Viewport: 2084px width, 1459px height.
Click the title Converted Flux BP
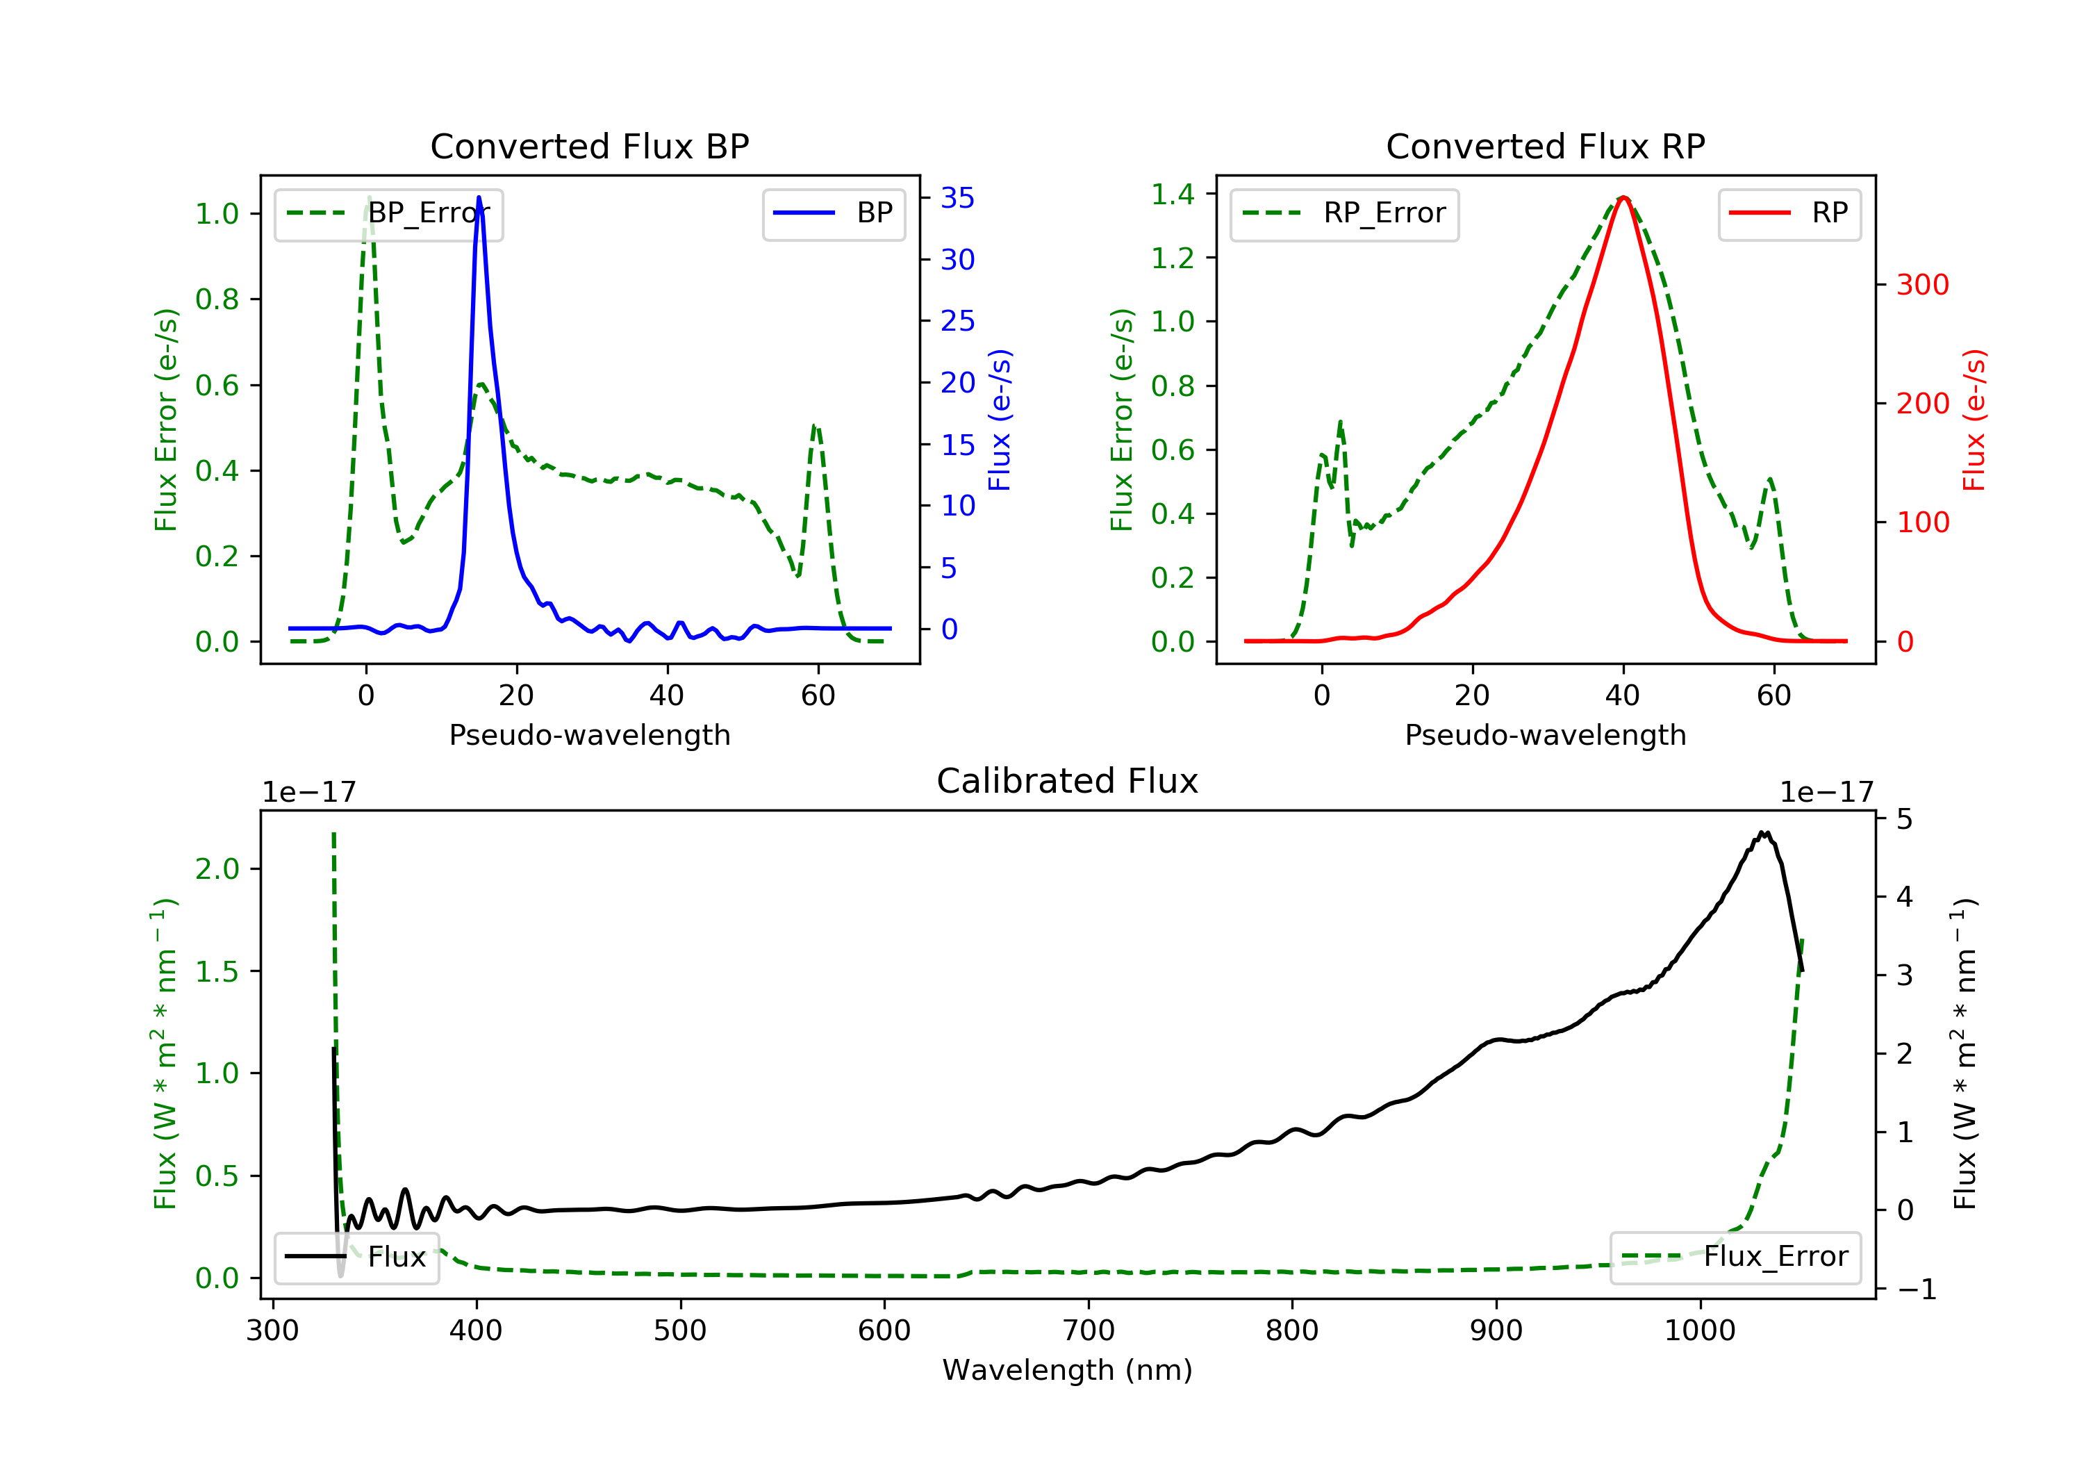(x=589, y=146)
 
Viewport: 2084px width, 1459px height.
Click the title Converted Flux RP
(x=1545, y=146)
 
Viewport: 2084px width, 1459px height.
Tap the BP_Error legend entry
(x=388, y=214)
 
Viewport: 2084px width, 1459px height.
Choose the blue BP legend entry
(x=833, y=214)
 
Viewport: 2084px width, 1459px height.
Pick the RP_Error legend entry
(x=1344, y=214)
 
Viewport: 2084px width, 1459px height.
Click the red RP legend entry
(x=1789, y=214)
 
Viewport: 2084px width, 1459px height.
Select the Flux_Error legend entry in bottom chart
(x=1735, y=1258)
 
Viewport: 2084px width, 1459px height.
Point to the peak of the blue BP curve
(x=479, y=197)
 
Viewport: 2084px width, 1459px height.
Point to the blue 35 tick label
(x=957, y=198)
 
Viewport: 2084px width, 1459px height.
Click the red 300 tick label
(x=1922, y=285)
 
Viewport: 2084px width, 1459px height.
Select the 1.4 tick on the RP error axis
(x=1173, y=195)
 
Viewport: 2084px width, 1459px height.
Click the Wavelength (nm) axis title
(x=1068, y=1370)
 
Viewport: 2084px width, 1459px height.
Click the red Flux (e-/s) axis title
(x=1974, y=420)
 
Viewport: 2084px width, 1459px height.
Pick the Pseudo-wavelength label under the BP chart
(x=590, y=735)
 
